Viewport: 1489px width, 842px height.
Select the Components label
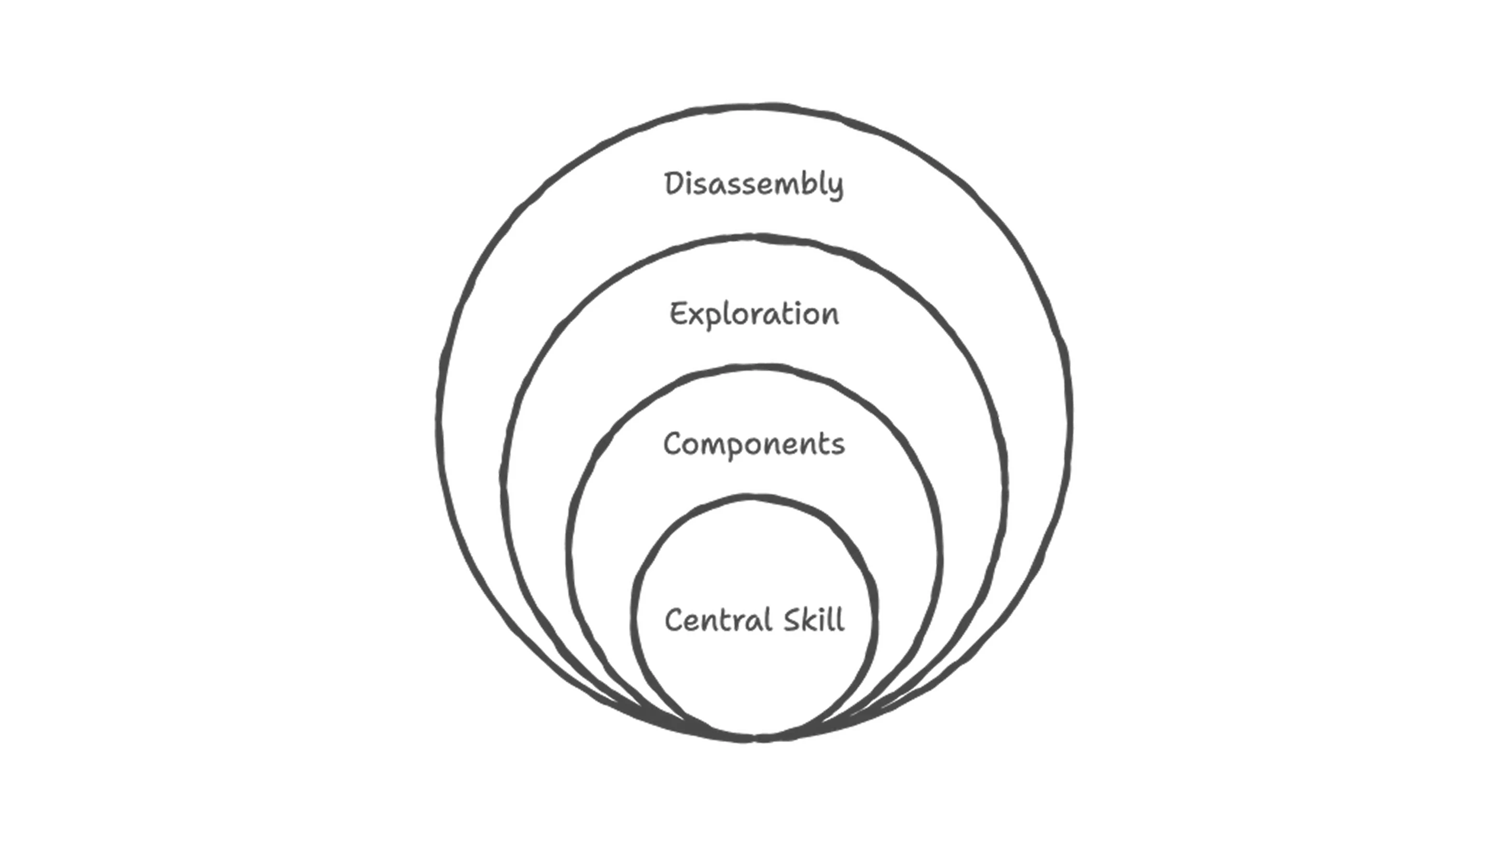(754, 445)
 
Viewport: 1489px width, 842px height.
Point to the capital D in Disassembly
(674, 184)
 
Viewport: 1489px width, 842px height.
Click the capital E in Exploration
(678, 314)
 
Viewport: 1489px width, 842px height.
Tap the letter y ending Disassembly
(835, 188)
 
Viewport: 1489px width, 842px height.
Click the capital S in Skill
(793, 620)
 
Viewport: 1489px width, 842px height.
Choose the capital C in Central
(674, 620)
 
